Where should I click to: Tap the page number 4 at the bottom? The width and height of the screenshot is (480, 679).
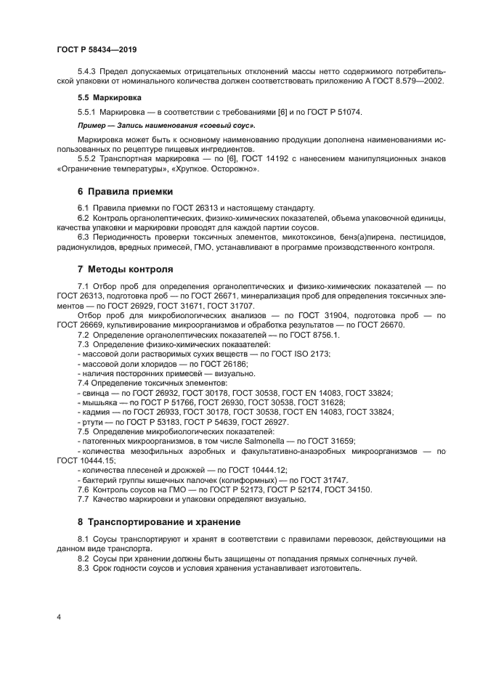point(59,617)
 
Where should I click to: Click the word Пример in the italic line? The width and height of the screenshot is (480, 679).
point(92,126)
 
